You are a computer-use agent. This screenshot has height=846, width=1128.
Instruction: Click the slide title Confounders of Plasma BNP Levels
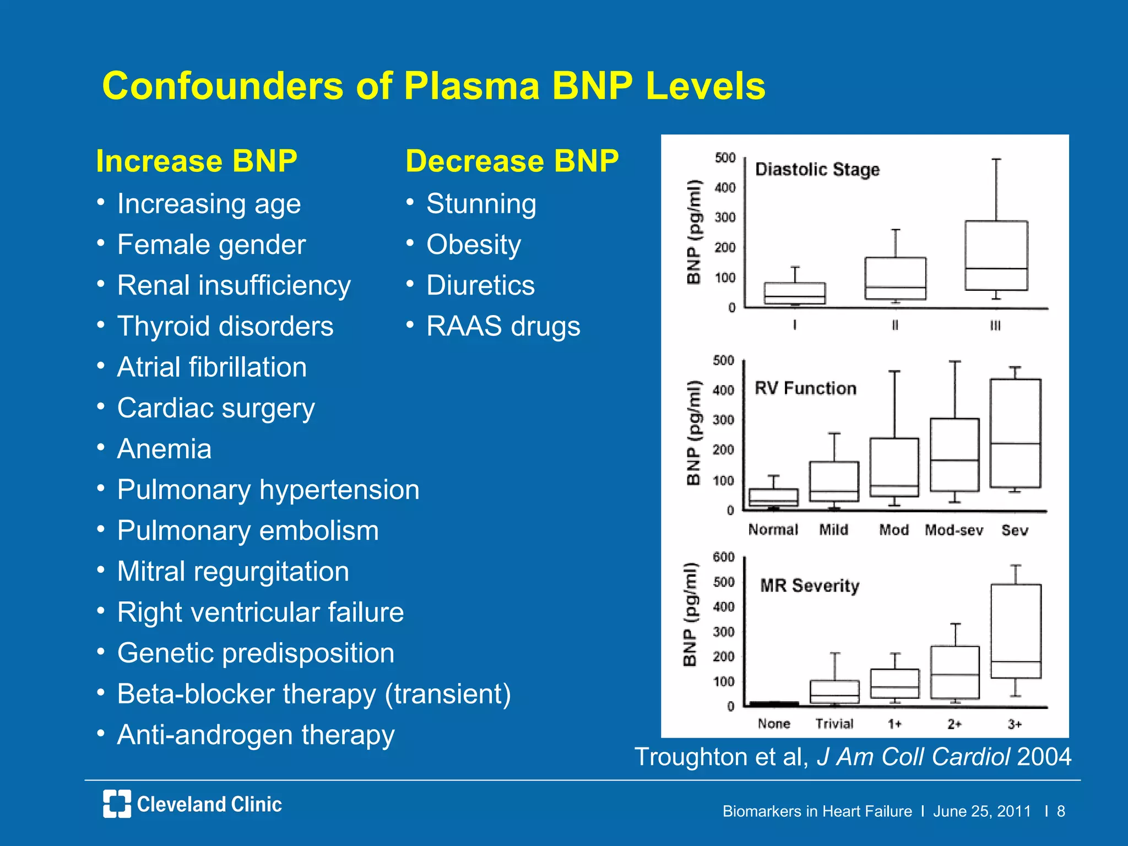click(433, 86)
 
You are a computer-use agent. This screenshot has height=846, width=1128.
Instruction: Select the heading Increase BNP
click(197, 161)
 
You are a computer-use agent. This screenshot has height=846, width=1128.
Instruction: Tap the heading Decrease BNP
click(512, 161)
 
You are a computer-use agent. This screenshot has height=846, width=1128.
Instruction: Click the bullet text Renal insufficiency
click(234, 286)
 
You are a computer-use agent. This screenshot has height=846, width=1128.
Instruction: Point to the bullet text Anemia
click(164, 449)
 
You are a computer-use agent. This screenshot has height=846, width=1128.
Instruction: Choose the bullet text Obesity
click(473, 245)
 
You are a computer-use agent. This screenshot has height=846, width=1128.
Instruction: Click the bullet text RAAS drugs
click(503, 327)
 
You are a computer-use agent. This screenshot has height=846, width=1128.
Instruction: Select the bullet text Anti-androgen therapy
click(256, 735)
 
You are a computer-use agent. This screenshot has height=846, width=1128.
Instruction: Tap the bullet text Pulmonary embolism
click(248, 531)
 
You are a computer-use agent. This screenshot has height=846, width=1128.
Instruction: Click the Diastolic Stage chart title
click(817, 170)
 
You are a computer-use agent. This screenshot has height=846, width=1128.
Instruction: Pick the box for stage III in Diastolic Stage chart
click(996, 256)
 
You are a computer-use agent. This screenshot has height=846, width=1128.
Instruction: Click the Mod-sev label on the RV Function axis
click(953, 530)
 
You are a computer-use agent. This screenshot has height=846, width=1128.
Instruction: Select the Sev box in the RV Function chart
click(1015, 433)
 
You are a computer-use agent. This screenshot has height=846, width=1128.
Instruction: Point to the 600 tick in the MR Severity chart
click(723, 557)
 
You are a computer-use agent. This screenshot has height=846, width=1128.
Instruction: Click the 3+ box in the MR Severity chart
click(1015, 631)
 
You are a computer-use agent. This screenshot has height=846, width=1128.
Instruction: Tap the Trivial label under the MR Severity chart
click(834, 724)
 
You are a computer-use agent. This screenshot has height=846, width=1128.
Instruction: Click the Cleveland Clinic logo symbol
click(117, 804)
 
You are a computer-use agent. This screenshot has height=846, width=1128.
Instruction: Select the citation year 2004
click(1044, 757)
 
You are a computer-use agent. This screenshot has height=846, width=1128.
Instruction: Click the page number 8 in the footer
click(1061, 811)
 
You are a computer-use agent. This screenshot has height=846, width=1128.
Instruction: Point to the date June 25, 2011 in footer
click(981, 811)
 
